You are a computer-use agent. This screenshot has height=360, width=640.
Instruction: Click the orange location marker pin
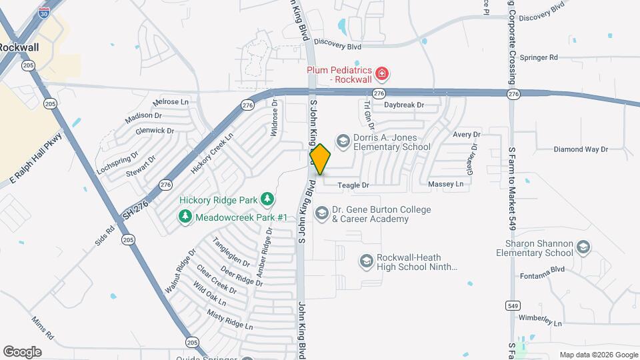click(320, 159)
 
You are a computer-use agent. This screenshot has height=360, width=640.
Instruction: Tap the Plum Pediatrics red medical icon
click(383, 73)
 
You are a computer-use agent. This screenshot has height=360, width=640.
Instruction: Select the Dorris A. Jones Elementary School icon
click(343, 141)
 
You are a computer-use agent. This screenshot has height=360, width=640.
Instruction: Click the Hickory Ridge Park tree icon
click(267, 199)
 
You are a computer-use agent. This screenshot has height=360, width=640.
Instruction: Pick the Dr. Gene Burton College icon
click(321, 213)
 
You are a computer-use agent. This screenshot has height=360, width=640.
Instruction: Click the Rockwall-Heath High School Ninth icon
click(366, 261)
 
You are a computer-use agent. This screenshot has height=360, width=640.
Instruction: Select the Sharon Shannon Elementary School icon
click(583, 248)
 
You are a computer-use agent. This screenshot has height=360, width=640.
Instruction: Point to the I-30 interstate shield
click(43, 13)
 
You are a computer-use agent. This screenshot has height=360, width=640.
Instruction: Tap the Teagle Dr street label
click(353, 185)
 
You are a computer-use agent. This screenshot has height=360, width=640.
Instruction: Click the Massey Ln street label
click(445, 184)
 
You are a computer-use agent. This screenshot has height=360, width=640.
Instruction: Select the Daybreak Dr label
click(404, 105)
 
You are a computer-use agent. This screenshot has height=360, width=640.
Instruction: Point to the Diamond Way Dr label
click(581, 149)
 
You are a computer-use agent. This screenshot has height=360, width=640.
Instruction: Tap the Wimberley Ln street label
click(541, 319)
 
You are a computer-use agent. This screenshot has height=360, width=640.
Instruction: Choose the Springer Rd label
click(538, 57)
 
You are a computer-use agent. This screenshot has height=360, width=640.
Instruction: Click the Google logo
click(22, 352)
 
